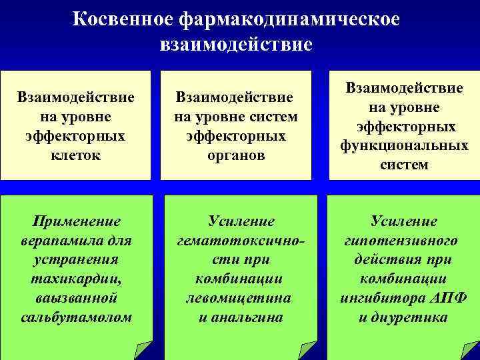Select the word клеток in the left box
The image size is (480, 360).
point(75,155)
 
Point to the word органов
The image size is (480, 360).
point(236,155)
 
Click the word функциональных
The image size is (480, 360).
point(404,145)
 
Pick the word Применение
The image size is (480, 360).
point(75,221)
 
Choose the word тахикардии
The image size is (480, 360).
point(75,277)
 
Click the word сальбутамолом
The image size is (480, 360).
point(75,315)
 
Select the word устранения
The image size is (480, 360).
point(75,259)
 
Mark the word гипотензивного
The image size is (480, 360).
point(404,240)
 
